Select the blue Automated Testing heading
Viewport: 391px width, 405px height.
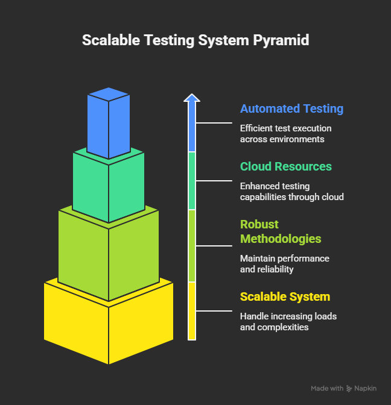(291, 109)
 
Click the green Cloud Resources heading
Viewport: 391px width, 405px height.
(285, 166)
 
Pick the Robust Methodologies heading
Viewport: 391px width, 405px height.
(281, 231)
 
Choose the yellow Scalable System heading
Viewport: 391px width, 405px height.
(285, 297)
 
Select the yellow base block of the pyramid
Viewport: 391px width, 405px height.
(109, 322)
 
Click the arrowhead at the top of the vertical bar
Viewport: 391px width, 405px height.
(191, 98)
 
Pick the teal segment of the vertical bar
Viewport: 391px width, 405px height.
(191, 180)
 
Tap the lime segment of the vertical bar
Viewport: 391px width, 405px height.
(191, 245)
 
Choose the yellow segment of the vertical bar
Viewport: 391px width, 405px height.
(191, 310)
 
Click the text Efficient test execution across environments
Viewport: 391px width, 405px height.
(285, 134)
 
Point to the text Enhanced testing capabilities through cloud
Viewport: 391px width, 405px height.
(291, 192)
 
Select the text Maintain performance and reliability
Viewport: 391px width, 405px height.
(284, 263)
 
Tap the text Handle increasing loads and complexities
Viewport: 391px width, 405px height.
(288, 322)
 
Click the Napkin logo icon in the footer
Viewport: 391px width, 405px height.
(349, 389)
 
